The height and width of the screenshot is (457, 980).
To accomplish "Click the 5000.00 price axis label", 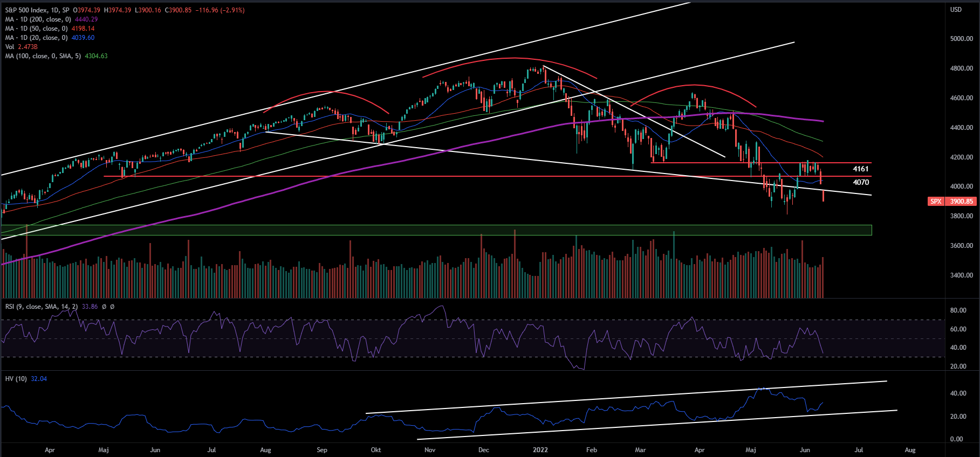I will [x=961, y=39].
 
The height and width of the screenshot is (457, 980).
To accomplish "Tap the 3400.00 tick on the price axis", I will [x=961, y=275].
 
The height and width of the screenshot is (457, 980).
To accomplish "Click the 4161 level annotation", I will [x=860, y=169].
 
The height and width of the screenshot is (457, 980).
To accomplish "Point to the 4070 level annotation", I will [x=860, y=183].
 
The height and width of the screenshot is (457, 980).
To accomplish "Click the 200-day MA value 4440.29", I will [x=86, y=19].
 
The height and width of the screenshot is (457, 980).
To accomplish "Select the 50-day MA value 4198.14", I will [x=83, y=29].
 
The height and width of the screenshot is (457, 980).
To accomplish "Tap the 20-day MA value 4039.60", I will [x=83, y=38].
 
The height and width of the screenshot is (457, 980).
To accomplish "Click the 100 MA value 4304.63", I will [x=96, y=56].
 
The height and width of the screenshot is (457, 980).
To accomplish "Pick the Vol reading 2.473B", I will [x=28, y=47].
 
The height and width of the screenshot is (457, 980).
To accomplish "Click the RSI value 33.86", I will [x=90, y=307].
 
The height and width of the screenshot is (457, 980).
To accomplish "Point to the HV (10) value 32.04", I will [x=39, y=379].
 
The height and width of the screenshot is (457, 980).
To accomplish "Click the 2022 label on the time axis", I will [x=540, y=450].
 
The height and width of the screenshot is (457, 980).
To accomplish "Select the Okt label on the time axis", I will [x=376, y=450].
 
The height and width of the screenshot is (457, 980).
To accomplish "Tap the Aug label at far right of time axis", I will [x=910, y=450].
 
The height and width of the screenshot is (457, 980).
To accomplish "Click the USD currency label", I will [x=956, y=10].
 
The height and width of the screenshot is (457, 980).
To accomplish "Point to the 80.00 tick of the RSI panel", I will [x=958, y=310].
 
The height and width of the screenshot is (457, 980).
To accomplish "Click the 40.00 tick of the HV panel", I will [x=958, y=393].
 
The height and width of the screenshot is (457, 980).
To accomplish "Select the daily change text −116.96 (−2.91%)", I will [x=220, y=10].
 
